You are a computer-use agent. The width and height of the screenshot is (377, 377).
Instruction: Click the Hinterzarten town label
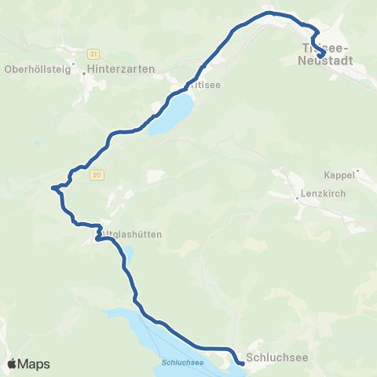tap(121, 69)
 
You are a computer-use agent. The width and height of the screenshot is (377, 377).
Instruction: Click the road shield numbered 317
tap(97, 174)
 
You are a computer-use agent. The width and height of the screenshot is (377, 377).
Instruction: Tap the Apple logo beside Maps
tap(13, 364)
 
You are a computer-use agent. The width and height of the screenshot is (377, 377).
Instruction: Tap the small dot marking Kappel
tap(357, 170)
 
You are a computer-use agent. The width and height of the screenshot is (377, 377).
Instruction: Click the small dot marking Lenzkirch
tap(297, 198)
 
